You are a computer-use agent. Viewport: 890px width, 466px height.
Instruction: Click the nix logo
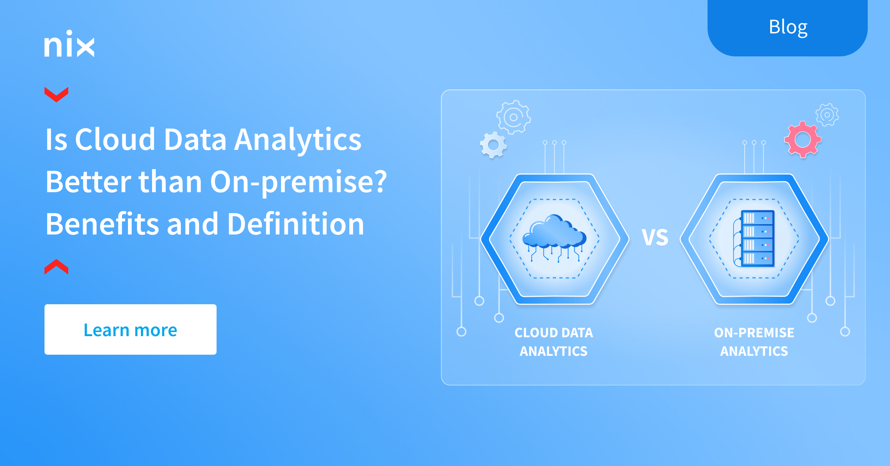(69, 44)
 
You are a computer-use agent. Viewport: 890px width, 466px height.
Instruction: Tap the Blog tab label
(788, 27)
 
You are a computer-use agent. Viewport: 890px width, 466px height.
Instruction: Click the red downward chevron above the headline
(56, 94)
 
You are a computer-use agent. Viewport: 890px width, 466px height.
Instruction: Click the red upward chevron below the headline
(56, 267)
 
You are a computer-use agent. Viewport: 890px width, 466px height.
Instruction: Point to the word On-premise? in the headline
(299, 183)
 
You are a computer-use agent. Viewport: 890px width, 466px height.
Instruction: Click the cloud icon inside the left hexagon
(554, 238)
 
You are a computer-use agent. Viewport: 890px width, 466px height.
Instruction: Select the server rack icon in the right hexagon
(754, 238)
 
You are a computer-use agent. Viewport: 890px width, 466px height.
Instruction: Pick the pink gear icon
(803, 140)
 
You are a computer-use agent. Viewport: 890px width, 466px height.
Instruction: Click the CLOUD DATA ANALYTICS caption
(554, 342)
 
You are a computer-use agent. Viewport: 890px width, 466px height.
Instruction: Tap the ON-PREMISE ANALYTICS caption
(754, 342)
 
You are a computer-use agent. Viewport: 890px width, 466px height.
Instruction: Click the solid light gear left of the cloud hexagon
(493, 145)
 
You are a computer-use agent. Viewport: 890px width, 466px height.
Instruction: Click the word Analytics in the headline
(298, 140)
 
